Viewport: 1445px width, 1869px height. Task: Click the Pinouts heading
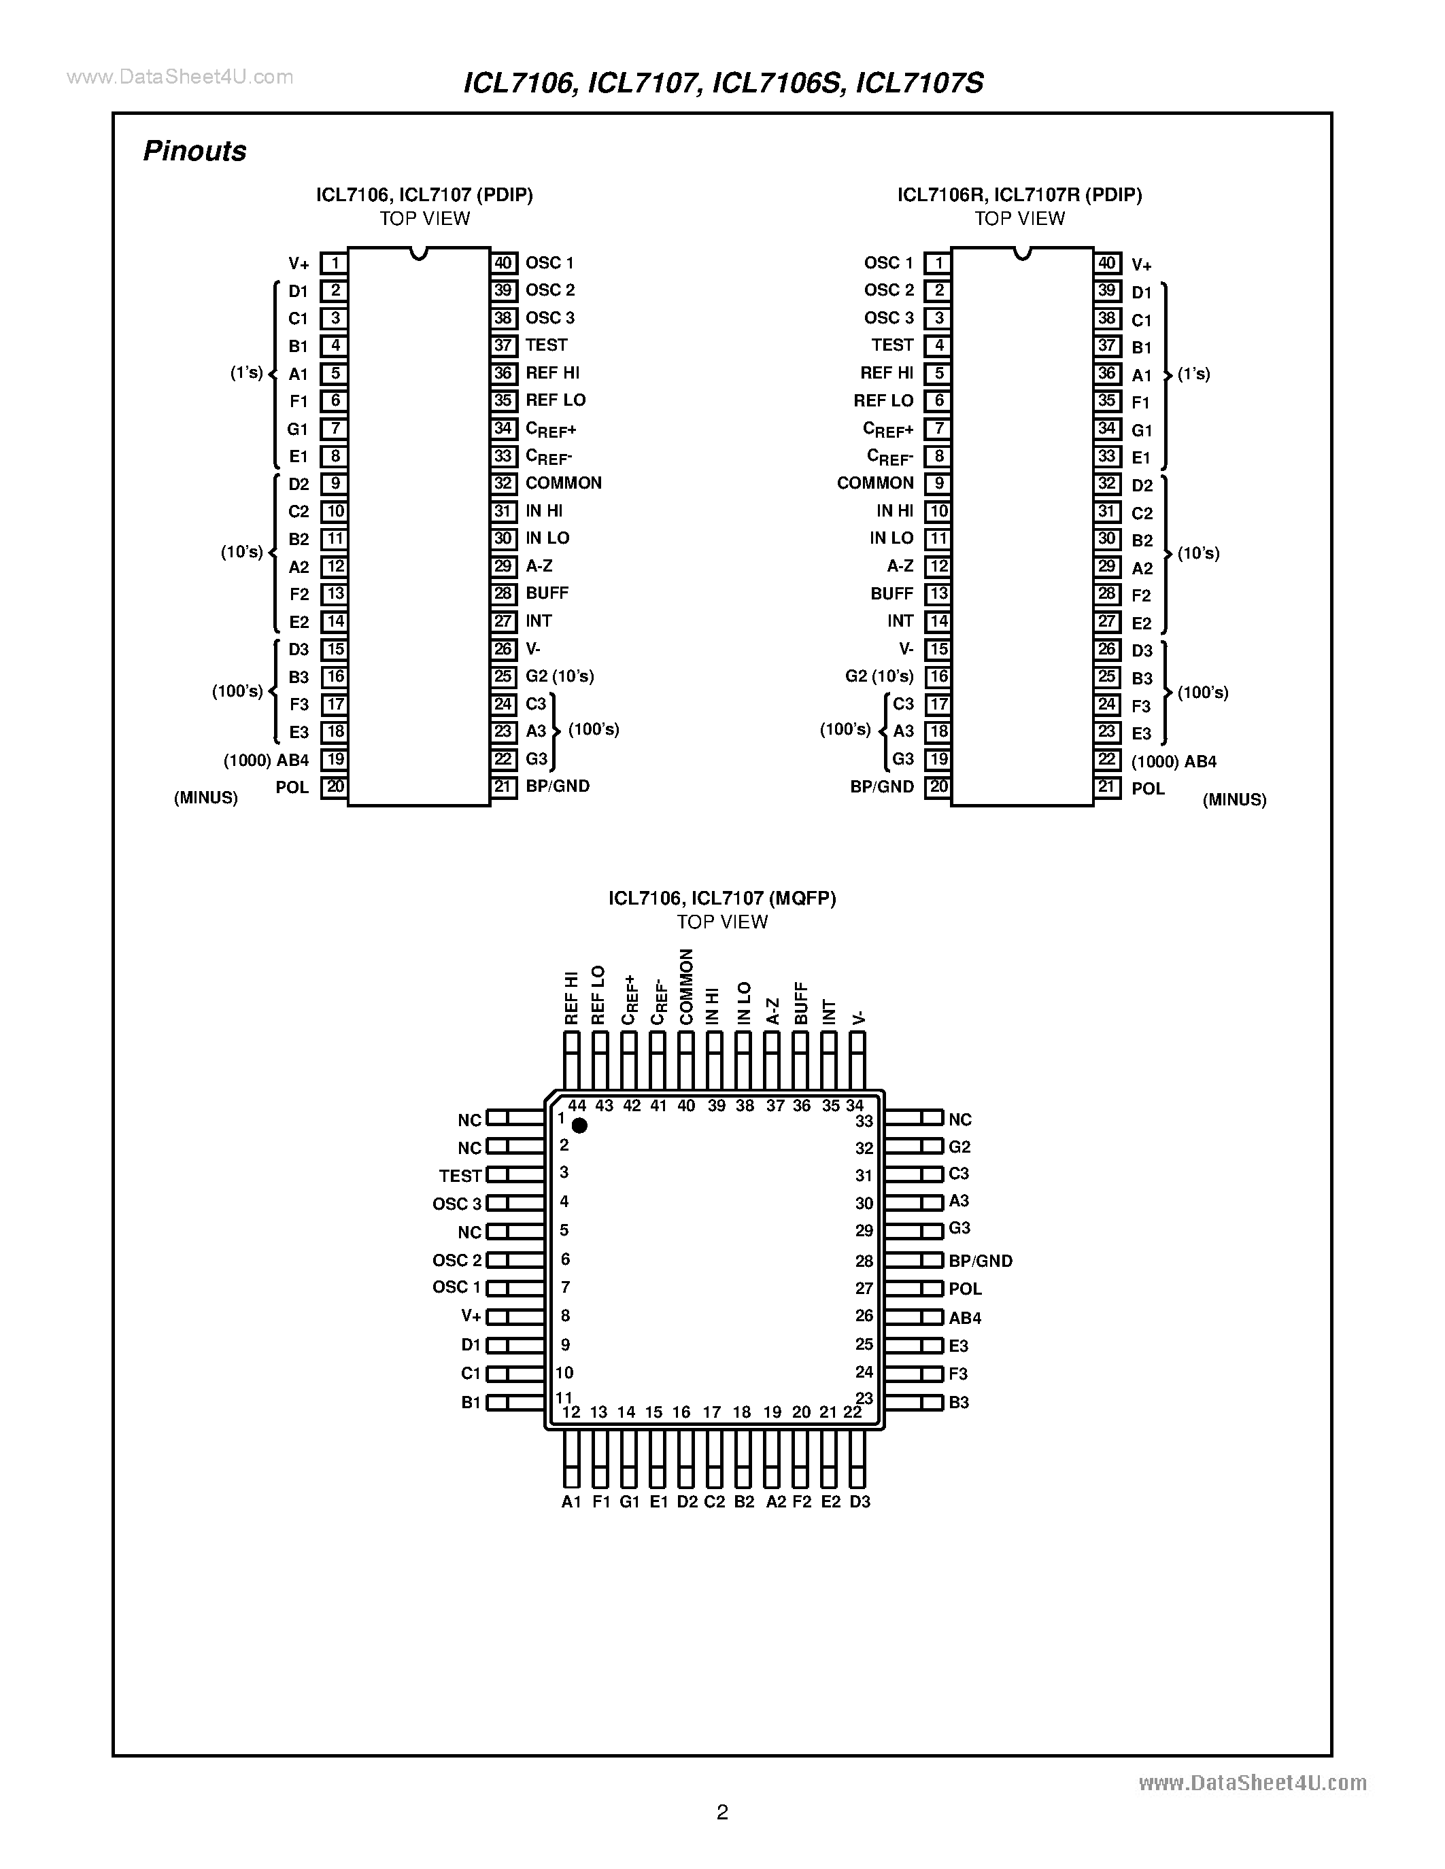(194, 151)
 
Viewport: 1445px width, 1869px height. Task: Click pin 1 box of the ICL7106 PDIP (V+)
(334, 264)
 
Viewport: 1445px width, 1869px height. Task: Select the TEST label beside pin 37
(546, 345)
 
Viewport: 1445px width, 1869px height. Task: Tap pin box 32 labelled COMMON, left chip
(503, 483)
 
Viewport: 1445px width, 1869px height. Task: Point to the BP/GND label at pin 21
(558, 786)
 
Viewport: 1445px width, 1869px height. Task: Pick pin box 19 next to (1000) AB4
(334, 759)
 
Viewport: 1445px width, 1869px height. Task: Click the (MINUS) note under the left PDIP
(205, 798)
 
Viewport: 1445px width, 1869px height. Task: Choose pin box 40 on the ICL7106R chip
(1107, 264)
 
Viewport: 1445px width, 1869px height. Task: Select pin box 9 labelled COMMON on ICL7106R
(938, 483)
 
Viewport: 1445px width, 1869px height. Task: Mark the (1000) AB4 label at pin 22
(1174, 762)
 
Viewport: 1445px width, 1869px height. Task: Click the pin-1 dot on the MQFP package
(579, 1125)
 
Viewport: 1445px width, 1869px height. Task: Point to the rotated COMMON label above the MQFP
(685, 986)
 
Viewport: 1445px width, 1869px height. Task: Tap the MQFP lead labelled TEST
(515, 1175)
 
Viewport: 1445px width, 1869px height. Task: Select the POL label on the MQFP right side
(965, 1289)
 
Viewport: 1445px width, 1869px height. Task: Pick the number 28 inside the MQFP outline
(864, 1261)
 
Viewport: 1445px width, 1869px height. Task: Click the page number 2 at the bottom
(721, 1812)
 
